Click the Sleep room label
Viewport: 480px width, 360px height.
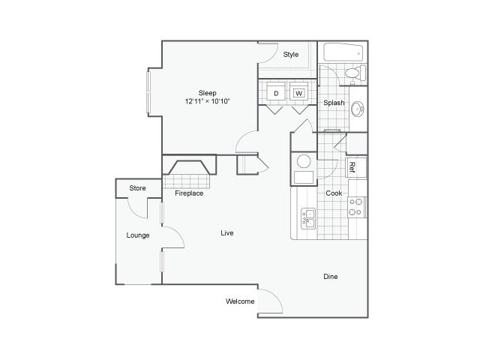tap(207, 93)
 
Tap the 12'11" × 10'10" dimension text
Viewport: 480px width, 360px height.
tap(207, 101)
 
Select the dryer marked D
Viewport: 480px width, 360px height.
tap(276, 91)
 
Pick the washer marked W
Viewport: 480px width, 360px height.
tap(298, 91)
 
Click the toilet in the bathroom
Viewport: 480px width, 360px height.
tap(355, 73)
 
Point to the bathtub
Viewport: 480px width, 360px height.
tap(343, 52)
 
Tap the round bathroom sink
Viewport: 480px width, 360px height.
tap(357, 109)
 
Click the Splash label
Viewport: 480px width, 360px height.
tap(334, 103)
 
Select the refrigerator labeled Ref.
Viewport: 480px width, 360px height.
tap(356, 167)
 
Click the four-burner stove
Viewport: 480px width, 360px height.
tap(357, 207)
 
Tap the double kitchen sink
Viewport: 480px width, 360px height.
tap(308, 218)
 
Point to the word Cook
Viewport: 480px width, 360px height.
tap(334, 193)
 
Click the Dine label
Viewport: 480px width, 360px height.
tap(331, 277)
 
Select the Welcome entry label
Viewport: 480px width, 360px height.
tap(240, 301)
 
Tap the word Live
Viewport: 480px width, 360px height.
tap(227, 233)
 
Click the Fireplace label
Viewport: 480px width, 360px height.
tap(189, 193)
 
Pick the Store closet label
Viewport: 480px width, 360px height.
tap(137, 188)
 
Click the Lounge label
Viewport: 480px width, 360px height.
tap(138, 235)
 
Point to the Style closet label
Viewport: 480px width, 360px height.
tap(291, 55)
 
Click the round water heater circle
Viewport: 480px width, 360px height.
tap(304, 161)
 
